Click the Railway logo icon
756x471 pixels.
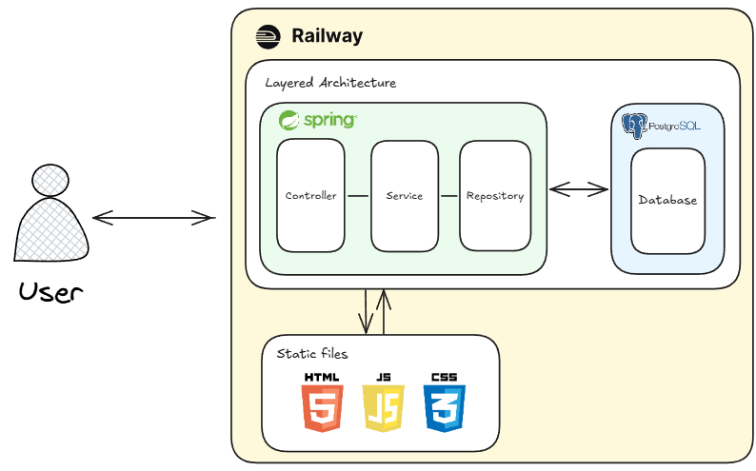(269, 37)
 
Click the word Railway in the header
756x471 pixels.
(327, 37)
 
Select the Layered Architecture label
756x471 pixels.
(330, 83)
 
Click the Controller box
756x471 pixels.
(310, 195)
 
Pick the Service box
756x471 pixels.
(404, 195)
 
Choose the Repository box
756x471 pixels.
(495, 195)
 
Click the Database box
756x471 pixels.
(667, 200)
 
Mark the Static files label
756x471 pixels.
(312, 354)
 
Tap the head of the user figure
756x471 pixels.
(50, 181)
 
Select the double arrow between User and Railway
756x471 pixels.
(153, 219)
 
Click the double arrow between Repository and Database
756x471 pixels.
(579, 188)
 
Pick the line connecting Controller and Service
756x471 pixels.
(357, 196)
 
